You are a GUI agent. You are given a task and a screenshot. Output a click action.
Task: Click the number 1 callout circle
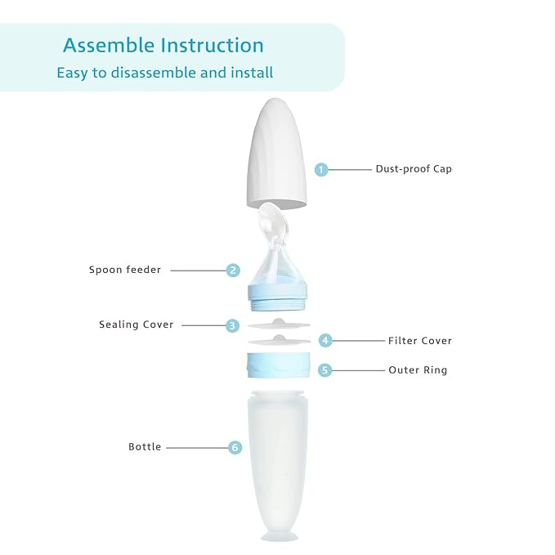(321, 169)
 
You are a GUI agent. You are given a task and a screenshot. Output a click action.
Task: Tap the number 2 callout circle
(234, 270)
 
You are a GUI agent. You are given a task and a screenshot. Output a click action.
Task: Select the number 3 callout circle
(233, 325)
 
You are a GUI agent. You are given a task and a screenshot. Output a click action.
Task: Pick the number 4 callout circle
(324, 340)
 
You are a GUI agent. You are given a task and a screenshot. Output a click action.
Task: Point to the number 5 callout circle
(324, 370)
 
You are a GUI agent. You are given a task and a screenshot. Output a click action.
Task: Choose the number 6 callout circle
(235, 447)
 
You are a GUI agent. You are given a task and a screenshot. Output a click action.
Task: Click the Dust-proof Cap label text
(414, 169)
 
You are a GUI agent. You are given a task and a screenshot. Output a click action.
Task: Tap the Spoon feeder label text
(125, 270)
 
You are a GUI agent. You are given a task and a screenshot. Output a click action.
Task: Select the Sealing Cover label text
(137, 324)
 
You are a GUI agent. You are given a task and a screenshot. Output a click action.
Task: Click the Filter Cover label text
(419, 341)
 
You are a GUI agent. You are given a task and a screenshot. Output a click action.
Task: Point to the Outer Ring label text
(418, 370)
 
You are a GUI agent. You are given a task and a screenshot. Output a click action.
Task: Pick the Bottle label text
(145, 447)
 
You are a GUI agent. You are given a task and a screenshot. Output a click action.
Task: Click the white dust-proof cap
(278, 155)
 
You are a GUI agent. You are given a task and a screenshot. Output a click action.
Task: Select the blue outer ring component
(279, 365)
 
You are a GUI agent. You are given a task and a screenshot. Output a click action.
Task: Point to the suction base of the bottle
(279, 533)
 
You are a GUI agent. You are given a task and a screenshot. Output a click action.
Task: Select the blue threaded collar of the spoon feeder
(278, 296)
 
